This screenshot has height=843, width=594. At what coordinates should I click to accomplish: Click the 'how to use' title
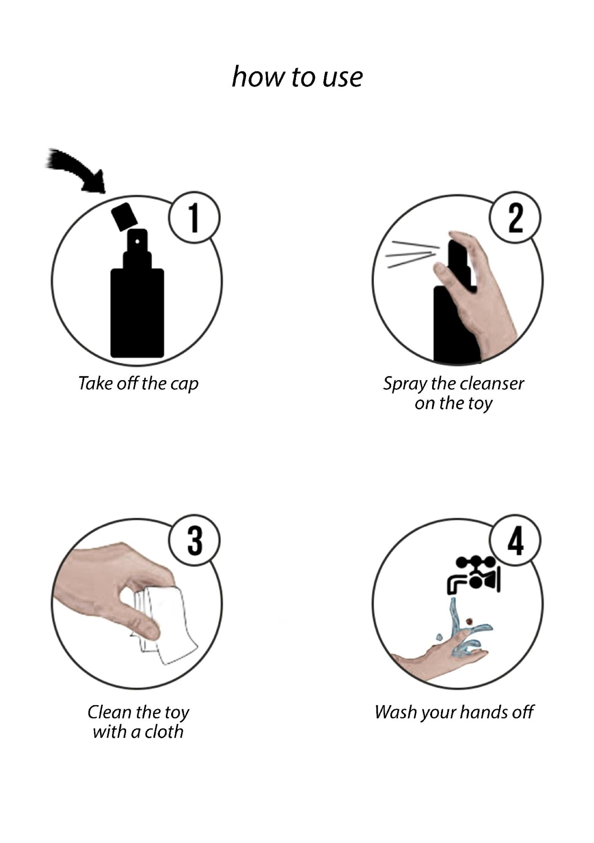click(297, 77)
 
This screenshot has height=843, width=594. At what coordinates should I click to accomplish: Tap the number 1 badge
click(194, 217)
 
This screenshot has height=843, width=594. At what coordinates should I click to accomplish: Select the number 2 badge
click(515, 217)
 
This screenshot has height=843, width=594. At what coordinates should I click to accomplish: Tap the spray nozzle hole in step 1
click(137, 242)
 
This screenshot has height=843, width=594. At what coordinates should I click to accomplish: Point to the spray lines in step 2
click(411, 254)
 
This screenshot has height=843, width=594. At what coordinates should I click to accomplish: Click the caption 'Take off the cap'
click(138, 384)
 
